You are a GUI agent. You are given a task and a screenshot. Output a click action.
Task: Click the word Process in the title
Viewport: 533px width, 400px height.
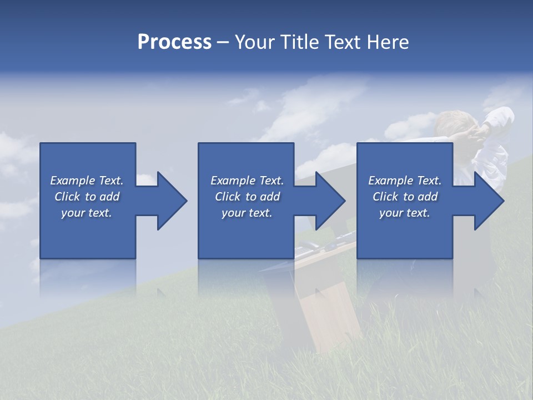(x=174, y=42)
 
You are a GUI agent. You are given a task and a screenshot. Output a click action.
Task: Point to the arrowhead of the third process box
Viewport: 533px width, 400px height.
(x=488, y=201)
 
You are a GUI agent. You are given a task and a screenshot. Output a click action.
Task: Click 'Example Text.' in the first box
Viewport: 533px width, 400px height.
(x=87, y=181)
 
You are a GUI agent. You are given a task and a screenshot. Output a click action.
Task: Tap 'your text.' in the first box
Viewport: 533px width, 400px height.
(x=87, y=213)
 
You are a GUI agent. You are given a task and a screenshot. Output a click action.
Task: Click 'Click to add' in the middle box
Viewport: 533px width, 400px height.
(x=247, y=197)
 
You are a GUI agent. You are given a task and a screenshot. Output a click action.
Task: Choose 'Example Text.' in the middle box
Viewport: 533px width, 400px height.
(x=247, y=181)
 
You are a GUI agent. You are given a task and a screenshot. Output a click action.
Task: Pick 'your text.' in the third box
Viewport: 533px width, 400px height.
(x=405, y=213)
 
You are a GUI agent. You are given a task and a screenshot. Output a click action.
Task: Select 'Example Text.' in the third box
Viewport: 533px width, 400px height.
(x=405, y=181)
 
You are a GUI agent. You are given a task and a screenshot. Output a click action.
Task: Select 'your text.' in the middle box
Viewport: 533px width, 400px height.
(x=247, y=213)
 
